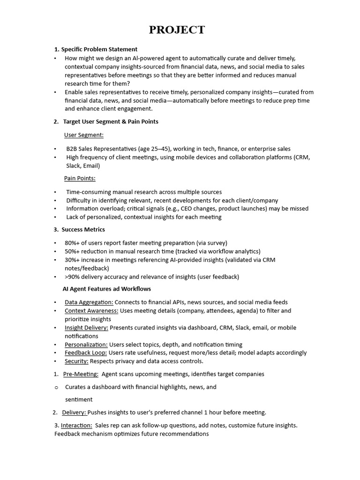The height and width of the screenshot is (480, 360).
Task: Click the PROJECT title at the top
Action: click(177, 30)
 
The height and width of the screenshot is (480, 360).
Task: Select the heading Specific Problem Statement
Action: click(99, 49)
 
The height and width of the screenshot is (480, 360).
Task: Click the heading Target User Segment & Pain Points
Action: click(111, 121)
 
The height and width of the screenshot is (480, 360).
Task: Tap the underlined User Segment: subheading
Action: click(84, 135)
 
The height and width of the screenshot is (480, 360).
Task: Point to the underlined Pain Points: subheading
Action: click(80, 178)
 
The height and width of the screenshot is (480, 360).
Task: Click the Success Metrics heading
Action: click(83, 229)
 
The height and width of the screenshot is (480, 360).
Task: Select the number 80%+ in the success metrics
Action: click(73, 243)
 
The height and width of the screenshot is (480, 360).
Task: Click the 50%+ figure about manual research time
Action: click(73, 251)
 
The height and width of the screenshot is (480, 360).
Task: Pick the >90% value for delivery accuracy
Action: click(73, 277)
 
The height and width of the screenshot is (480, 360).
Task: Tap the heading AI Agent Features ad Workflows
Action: click(107, 289)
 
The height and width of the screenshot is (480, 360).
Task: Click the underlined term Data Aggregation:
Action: click(89, 302)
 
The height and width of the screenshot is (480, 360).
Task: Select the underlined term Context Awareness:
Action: click(91, 311)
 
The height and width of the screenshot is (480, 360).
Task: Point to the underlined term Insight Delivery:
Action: click(86, 328)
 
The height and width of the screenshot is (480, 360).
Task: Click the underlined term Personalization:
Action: click(86, 345)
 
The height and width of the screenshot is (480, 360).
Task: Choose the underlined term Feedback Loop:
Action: click(86, 352)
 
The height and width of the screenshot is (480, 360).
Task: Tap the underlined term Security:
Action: click(76, 361)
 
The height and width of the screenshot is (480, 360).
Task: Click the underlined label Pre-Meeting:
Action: click(81, 374)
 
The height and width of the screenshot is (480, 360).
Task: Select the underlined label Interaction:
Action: click(76, 425)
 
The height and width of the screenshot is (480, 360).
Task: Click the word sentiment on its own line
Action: click(78, 399)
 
